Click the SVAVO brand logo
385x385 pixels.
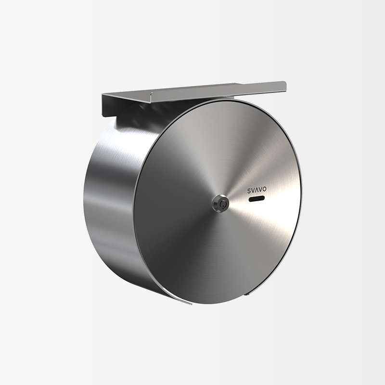[x=257, y=190]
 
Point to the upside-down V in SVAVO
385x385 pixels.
[x=257, y=190]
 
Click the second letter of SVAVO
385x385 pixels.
[x=253, y=191]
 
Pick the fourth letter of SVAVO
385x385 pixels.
[x=260, y=190]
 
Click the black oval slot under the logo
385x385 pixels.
[x=257, y=198]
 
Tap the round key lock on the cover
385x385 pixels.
[x=220, y=204]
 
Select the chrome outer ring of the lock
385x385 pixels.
[x=214, y=204]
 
